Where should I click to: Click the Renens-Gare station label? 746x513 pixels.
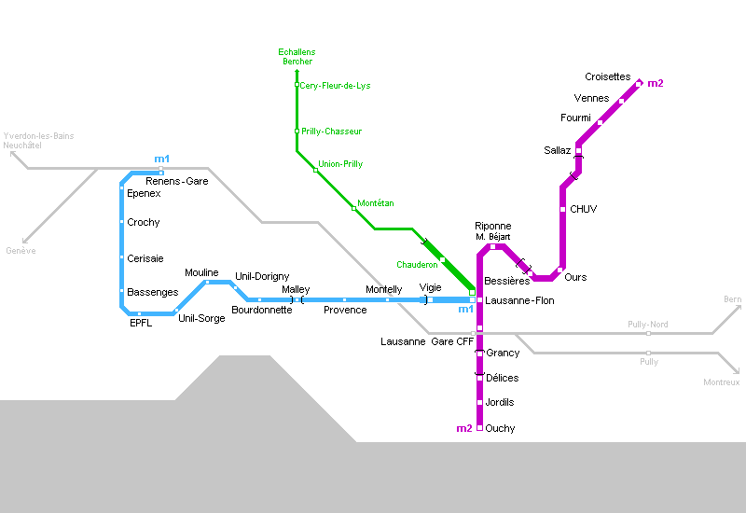(x=176, y=181)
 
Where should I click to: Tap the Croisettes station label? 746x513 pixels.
(x=608, y=76)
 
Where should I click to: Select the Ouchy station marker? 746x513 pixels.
(x=479, y=428)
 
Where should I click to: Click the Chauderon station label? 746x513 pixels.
(x=417, y=265)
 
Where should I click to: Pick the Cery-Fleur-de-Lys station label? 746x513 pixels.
(x=335, y=86)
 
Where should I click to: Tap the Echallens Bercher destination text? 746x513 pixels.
(x=297, y=56)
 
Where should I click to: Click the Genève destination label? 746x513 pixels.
(x=21, y=251)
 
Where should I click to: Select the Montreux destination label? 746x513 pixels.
(x=721, y=382)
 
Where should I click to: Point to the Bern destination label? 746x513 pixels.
(x=732, y=299)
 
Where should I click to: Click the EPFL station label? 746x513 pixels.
(x=141, y=324)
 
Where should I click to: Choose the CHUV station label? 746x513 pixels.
(x=583, y=209)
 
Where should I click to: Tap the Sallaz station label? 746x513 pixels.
(x=557, y=150)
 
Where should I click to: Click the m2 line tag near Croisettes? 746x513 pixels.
(x=656, y=84)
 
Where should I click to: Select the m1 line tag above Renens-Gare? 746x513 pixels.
(x=162, y=159)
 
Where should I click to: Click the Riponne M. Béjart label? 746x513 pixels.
(x=493, y=231)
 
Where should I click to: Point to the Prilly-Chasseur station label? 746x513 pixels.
(x=331, y=132)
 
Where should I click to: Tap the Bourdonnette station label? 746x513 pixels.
(x=261, y=310)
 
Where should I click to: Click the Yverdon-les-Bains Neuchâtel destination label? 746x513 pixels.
(x=38, y=141)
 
